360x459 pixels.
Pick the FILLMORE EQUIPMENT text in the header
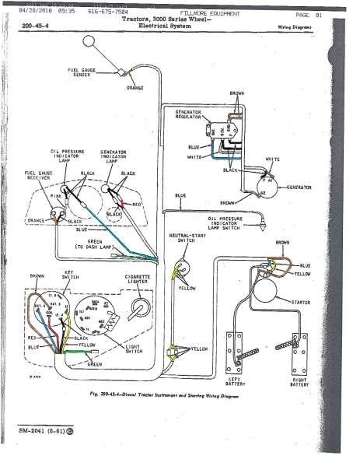point(210,13)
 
